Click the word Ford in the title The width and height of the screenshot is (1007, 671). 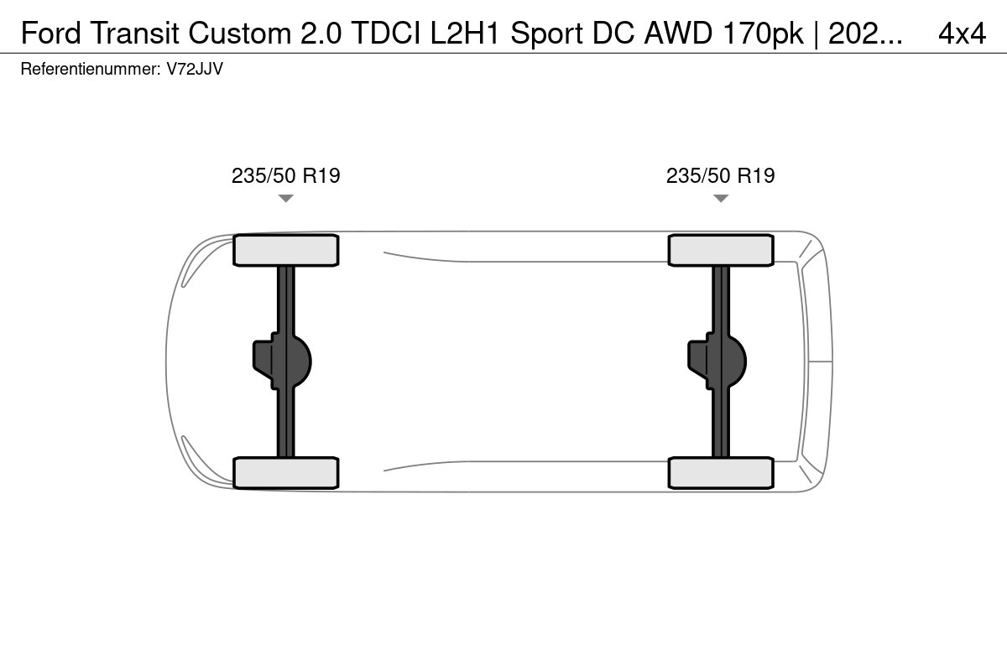click(x=51, y=34)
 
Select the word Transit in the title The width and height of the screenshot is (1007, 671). click(x=134, y=34)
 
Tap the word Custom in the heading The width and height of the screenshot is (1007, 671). click(x=240, y=34)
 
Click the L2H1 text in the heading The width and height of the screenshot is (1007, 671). click(x=465, y=34)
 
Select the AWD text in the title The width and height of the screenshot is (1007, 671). click(x=678, y=34)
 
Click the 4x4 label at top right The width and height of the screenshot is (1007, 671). click(x=962, y=34)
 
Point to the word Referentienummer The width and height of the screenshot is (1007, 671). click(x=91, y=70)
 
